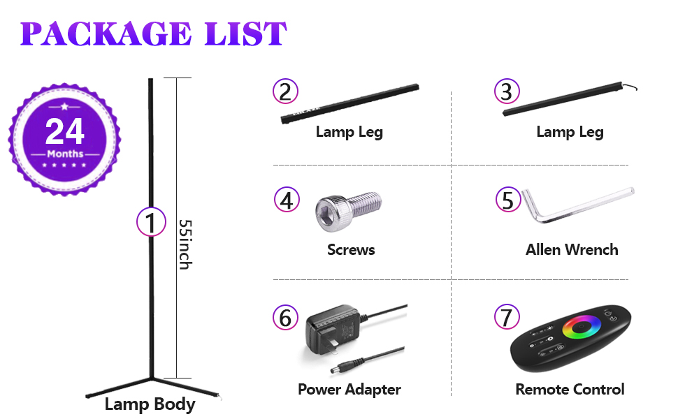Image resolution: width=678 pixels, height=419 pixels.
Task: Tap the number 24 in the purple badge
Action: click(65, 131)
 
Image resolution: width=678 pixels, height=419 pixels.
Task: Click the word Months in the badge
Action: click(65, 154)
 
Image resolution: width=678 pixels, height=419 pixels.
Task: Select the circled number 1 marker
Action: click(150, 223)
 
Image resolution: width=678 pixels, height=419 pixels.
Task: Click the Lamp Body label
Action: click(150, 404)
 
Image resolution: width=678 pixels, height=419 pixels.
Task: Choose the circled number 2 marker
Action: click(284, 91)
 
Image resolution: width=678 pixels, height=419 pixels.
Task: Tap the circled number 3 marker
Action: click(506, 91)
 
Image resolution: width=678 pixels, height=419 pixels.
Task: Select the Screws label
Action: click(351, 249)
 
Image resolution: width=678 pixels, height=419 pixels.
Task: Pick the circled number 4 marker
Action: click(286, 200)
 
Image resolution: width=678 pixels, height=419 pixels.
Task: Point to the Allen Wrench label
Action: click(572, 249)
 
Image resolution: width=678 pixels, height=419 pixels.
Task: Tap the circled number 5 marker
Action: click(507, 200)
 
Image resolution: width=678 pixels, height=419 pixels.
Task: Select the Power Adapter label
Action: click(349, 389)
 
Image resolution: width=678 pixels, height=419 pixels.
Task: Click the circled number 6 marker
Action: click(284, 318)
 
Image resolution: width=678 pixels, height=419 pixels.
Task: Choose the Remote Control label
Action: click(570, 389)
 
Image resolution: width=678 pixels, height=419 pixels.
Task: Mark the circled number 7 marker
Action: click(507, 318)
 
